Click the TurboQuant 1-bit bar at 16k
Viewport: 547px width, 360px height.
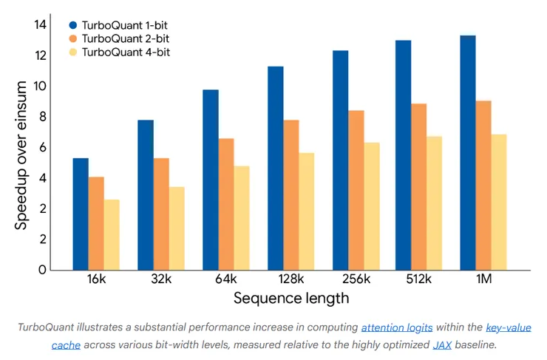coord(81,214)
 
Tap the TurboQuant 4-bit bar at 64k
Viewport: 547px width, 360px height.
coord(242,217)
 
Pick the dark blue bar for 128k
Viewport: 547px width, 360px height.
coord(275,168)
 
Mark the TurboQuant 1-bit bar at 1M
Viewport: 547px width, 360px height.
coord(468,152)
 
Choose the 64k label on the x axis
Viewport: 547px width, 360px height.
coord(226,279)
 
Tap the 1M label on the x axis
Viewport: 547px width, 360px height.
coord(483,279)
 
